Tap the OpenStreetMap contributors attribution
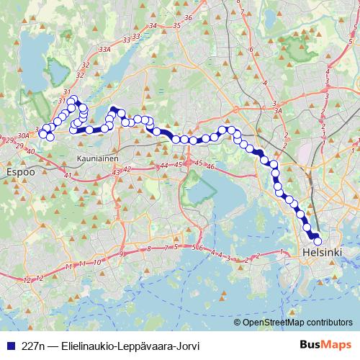pos(297,323)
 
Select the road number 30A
pos(23,135)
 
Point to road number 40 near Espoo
pos(30,151)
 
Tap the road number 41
pos(67,176)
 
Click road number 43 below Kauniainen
pos(117,173)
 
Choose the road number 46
pos(211,167)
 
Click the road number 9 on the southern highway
pos(121,254)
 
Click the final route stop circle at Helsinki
pos(316,242)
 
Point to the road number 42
pos(127,169)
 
